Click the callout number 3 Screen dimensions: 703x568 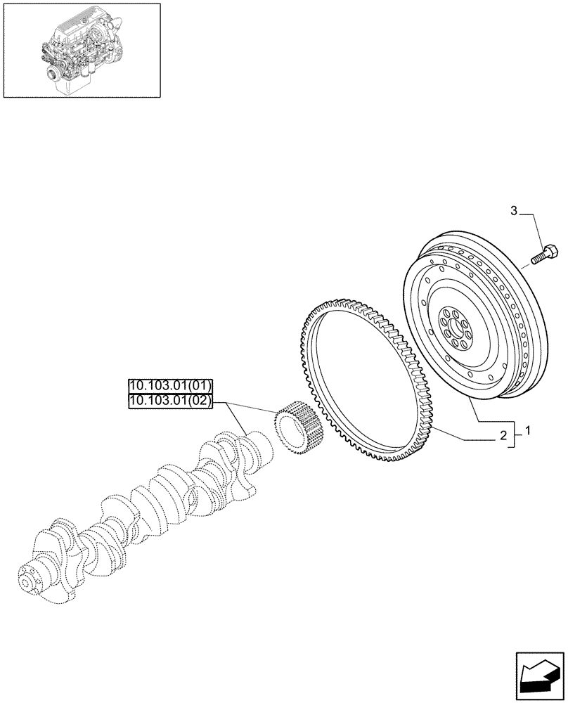(x=514, y=210)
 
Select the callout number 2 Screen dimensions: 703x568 (x=503, y=436)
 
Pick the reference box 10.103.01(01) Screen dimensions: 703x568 (x=169, y=385)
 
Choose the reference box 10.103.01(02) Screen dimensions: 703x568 (x=169, y=400)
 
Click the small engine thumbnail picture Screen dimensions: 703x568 (x=81, y=50)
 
